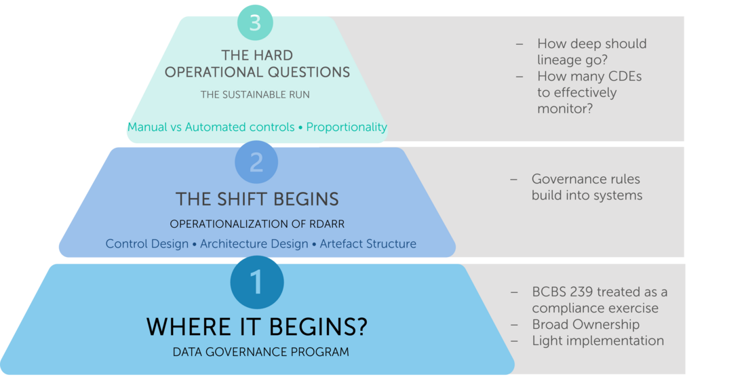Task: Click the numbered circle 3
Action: [256, 22]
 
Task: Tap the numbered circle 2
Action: [256, 162]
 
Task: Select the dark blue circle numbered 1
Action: [257, 282]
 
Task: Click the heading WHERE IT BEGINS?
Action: [257, 327]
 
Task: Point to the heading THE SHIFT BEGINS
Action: [257, 199]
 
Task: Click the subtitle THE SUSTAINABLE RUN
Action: [255, 95]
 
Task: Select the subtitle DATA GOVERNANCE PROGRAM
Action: [260, 353]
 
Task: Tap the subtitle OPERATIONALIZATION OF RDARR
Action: [257, 224]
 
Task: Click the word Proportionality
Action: [347, 127]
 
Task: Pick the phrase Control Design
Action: [147, 244]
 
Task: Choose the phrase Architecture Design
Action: [254, 244]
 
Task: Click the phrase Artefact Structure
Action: [368, 244]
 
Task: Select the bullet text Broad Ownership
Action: [586, 325]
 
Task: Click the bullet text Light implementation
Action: [598, 341]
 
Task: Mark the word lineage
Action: [561, 60]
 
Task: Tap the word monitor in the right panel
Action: [562, 109]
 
